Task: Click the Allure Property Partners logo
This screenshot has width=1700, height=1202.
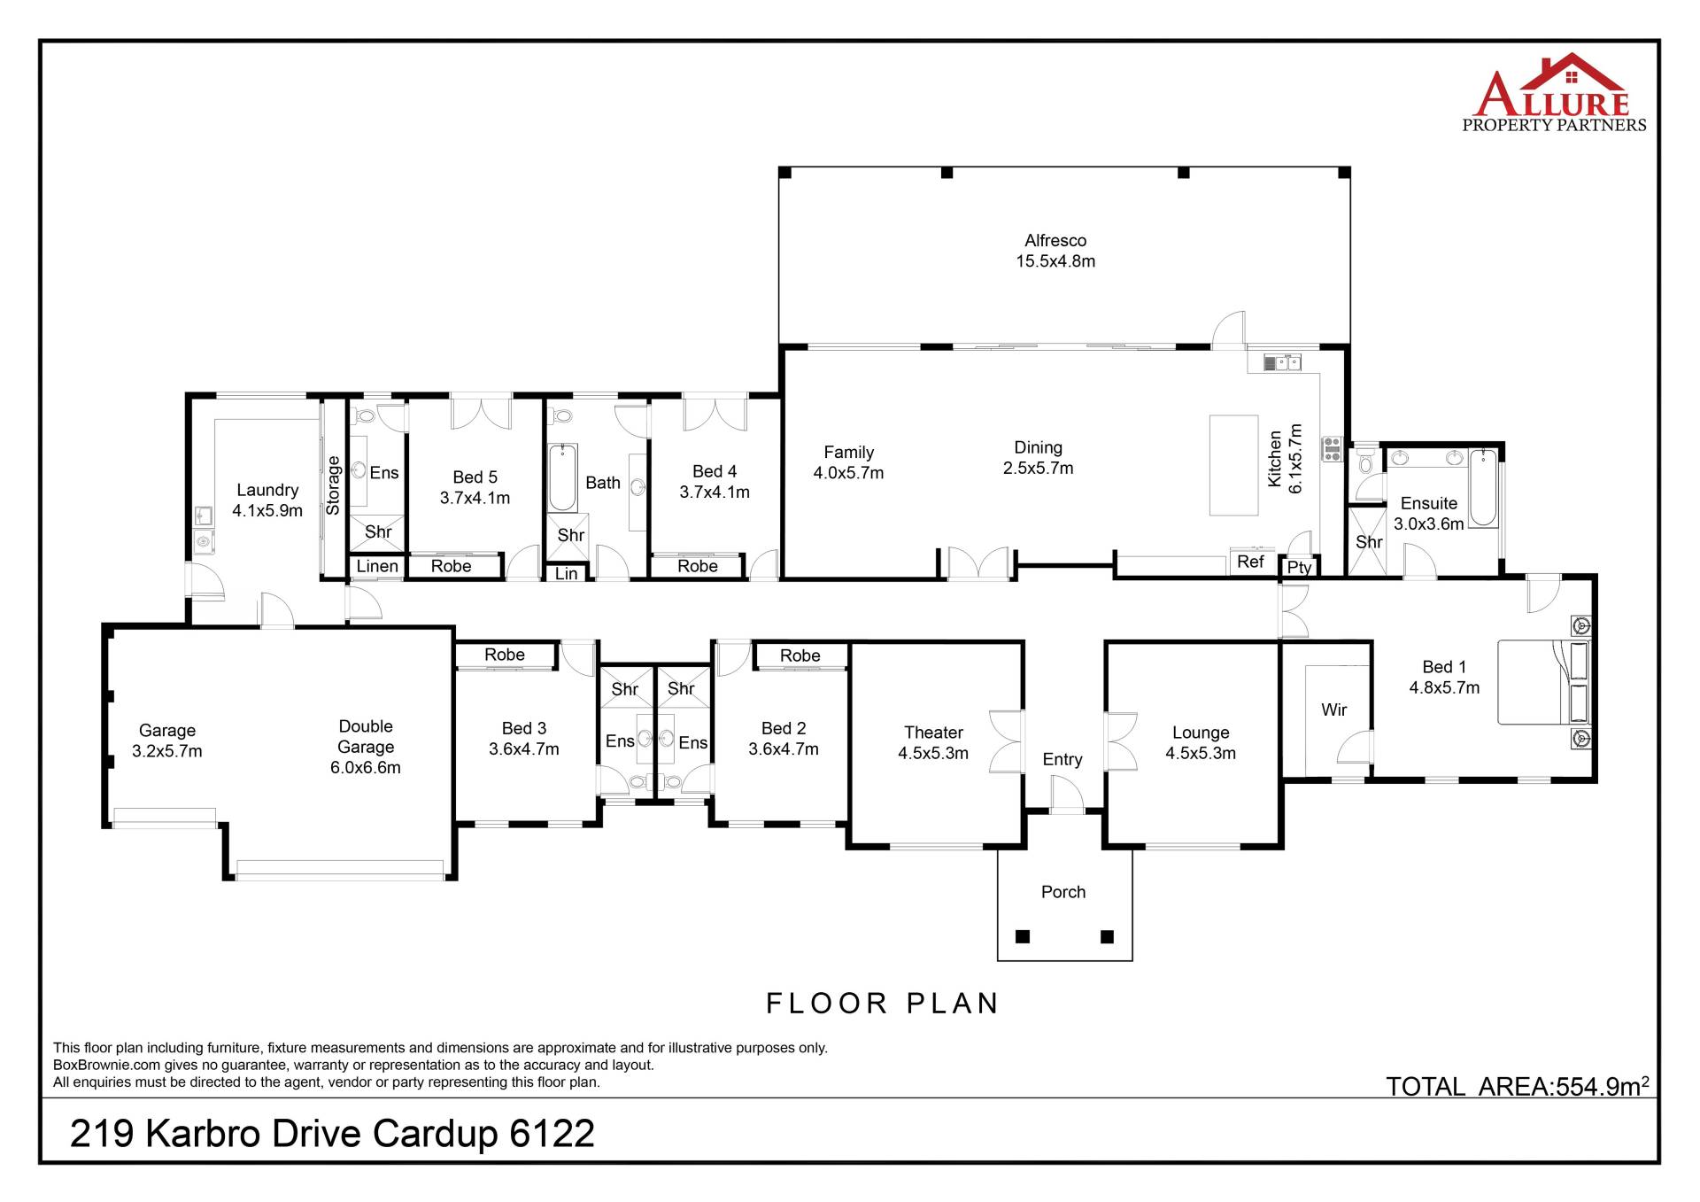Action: click(x=1554, y=93)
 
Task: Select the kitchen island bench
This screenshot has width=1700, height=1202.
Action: click(x=1233, y=465)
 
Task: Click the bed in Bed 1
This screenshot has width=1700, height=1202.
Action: click(x=1543, y=682)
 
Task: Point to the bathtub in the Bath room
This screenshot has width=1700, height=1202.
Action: click(x=562, y=478)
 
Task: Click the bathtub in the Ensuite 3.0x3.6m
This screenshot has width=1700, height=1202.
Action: click(x=1484, y=488)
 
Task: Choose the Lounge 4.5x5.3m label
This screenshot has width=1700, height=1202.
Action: click(x=1201, y=742)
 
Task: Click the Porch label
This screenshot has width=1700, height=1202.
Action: click(x=1063, y=892)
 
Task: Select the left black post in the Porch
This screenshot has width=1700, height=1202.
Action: click(x=1023, y=936)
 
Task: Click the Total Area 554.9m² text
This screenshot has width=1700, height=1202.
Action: click(x=1517, y=1085)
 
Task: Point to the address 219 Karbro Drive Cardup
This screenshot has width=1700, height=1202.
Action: click(x=332, y=1134)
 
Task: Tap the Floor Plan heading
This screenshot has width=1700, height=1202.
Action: click(x=883, y=1004)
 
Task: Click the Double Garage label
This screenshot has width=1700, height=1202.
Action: click(x=366, y=747)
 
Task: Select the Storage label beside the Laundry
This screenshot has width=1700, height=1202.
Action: click(x=333, y=485)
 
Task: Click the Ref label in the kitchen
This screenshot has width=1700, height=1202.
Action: click(x=1250, y=562)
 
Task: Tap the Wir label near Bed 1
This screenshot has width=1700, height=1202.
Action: click(x=1333, y=710)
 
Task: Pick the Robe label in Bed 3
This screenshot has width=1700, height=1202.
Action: click(x=505, y=655)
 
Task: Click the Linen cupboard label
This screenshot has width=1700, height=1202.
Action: click(x=377, y=566)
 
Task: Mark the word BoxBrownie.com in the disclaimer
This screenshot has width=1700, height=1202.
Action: click(x=106, y=1066)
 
